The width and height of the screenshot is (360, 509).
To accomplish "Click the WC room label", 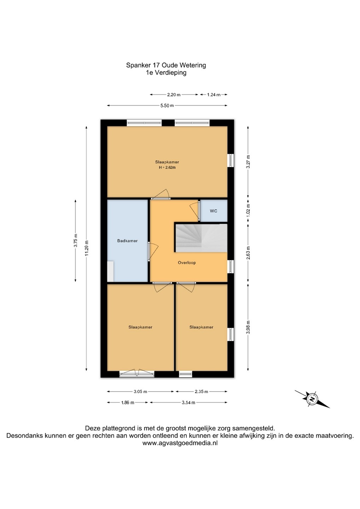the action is coord(213,211).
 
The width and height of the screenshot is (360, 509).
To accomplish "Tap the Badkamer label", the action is coord(127,241).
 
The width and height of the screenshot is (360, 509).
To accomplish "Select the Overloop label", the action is coord(187,262).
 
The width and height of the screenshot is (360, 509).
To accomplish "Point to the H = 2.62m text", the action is coord(167,168).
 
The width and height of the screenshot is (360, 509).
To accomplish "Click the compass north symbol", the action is coord(312,399).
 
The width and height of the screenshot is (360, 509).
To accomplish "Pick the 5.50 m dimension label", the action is coord(167,105).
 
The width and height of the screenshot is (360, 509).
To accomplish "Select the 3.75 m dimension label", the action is coord(76,240).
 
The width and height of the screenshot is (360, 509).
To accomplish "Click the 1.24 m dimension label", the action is coord(214,95).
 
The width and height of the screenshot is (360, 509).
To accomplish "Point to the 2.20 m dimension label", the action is coord(174,95).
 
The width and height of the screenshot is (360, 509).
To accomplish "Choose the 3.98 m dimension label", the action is coord(248,327).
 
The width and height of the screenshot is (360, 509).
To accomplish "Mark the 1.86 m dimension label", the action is coord(128,402).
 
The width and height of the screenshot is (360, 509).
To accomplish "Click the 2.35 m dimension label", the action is coord(201,392).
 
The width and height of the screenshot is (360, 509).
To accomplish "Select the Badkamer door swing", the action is coord(153,251).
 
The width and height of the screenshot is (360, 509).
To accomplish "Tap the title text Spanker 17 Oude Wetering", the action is coord(166,65).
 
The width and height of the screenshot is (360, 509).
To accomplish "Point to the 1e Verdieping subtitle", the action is coord(166,73).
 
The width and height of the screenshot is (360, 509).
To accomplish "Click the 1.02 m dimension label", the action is coord(248,210).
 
